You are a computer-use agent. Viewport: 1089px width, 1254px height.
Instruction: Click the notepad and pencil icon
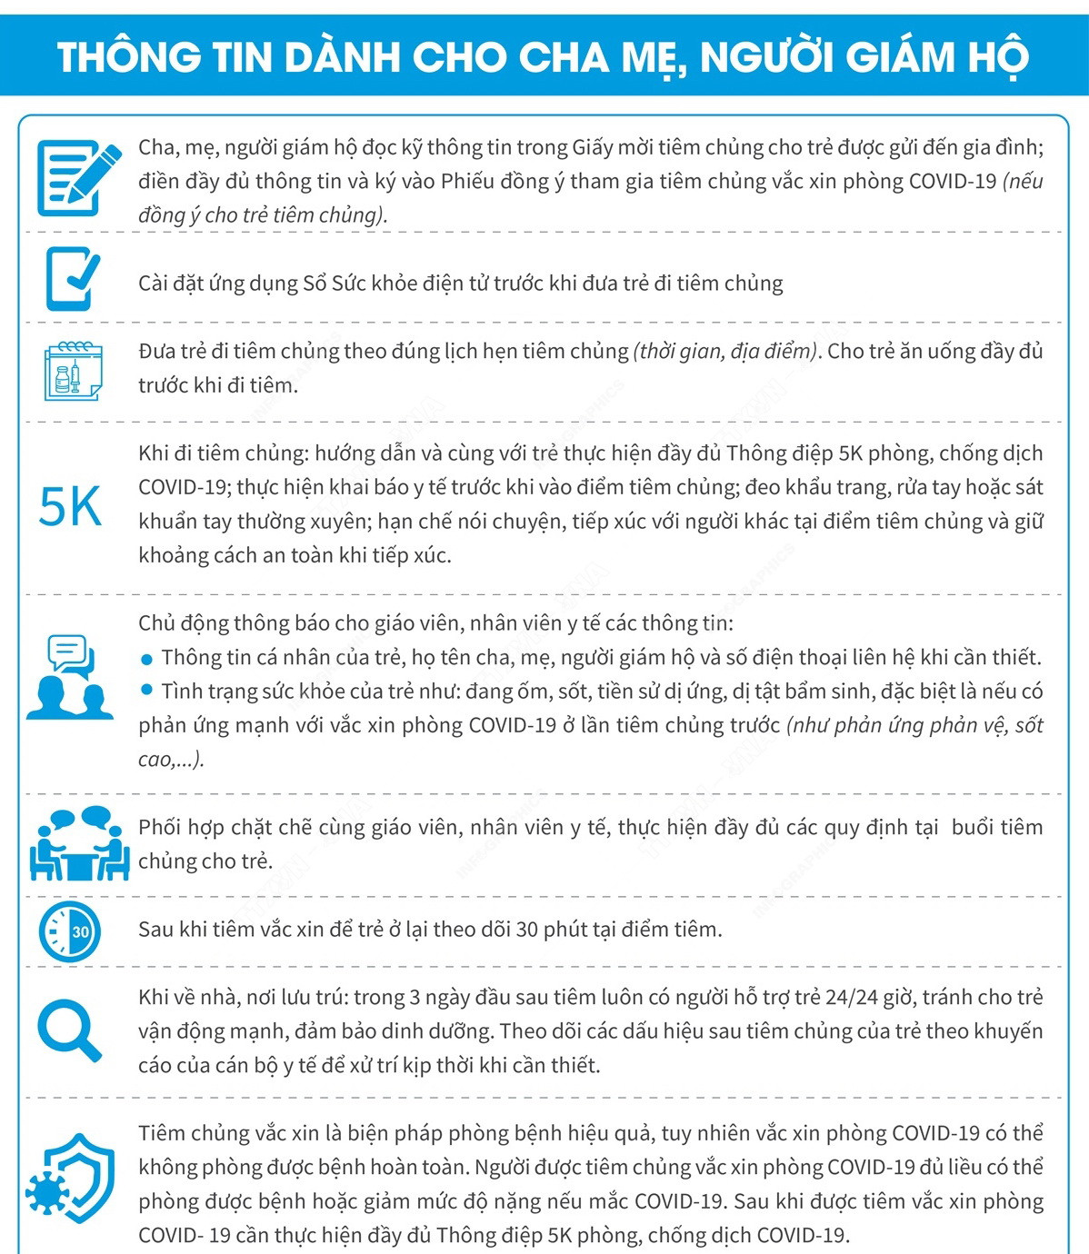[x=78, y=177]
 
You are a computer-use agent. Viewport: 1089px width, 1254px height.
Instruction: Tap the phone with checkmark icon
[x=71, y=279]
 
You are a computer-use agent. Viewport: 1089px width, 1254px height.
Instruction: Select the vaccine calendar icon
[x=73, y=372]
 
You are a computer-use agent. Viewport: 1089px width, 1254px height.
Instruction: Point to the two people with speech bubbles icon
[x=69, y=677]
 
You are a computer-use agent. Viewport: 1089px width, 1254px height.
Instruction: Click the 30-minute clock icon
[x=70, y=931]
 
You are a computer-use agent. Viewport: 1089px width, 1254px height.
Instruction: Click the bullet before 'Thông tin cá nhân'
[x=147, y=659]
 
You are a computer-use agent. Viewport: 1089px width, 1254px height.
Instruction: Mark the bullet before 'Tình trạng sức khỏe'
[x=147, y=692]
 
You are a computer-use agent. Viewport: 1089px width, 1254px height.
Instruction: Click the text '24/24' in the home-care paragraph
[x=851, y=998]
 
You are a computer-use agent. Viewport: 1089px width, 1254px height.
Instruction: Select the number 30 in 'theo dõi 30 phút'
[x=526, y=930]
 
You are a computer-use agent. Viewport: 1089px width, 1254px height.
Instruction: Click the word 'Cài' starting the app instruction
[x=155, y=284]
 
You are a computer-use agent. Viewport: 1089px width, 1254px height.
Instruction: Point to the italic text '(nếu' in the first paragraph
[x=1023, y=181]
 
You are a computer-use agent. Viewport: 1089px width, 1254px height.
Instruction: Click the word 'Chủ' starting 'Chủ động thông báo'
[x=156, y=623]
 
